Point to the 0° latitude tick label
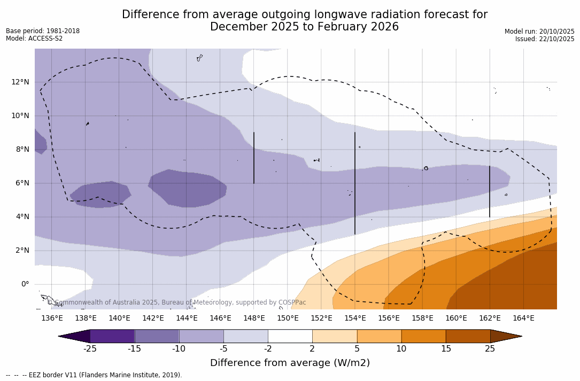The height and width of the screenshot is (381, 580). point(25,284)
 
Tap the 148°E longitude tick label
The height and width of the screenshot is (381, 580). point(254,318)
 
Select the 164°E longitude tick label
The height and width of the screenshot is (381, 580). point(523,318)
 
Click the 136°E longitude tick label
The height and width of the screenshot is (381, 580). point(52,318)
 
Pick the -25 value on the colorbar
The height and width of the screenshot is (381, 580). point(90,349)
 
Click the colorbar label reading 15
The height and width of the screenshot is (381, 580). point(446,349)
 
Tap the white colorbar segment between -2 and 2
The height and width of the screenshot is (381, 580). point(290,336)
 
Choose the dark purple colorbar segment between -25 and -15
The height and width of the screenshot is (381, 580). point(112,336)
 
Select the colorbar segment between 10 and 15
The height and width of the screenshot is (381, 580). point(423,336)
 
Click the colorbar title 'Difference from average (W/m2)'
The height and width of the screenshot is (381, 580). point(290,363)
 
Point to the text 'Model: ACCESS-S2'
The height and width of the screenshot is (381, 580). point(34,38)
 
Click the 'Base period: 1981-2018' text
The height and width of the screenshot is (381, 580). point(43,31)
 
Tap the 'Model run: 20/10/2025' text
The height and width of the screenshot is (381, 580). point(539,32)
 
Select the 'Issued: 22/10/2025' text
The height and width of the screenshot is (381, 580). point(545,39)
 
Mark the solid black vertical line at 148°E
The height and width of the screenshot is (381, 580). point(254,158)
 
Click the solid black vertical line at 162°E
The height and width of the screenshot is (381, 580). point(490,191)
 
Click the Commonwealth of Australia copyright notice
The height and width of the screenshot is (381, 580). point(176,302)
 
